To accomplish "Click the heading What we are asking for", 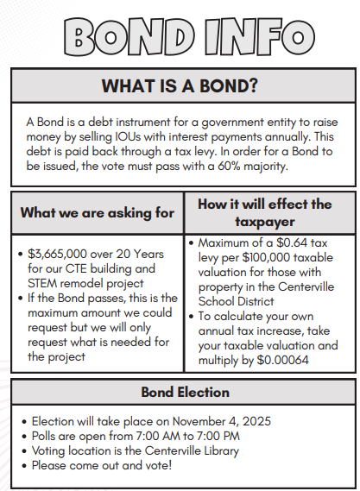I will click(97, 212).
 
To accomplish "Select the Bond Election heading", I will click(180, 393).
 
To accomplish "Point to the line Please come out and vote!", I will click(102, 465).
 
